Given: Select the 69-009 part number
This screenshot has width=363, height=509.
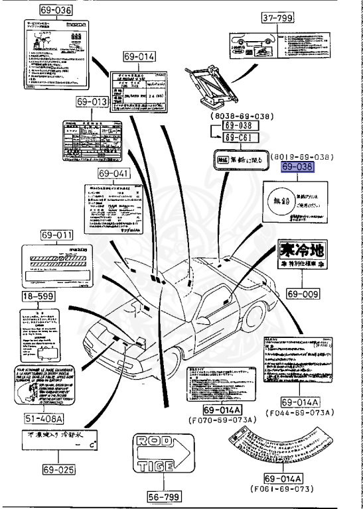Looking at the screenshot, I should click(301, 292).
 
